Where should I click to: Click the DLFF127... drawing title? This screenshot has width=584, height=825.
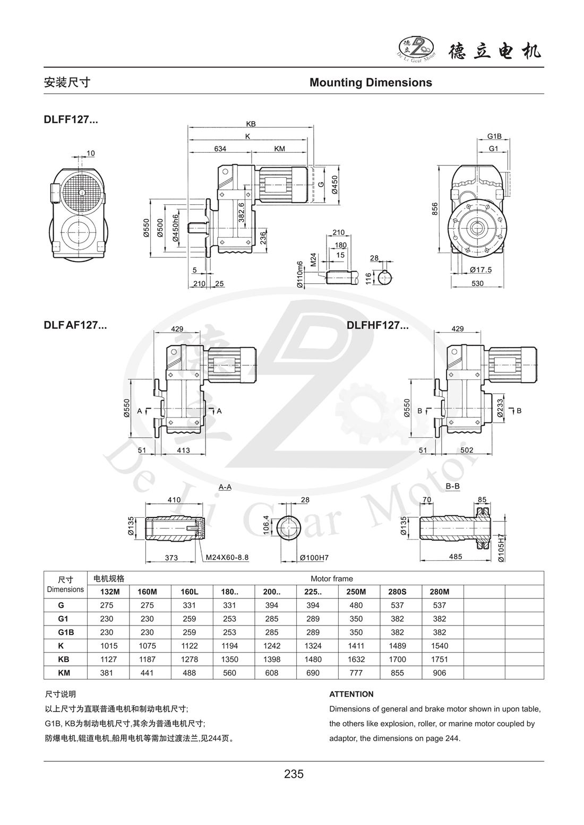tap(71, 120)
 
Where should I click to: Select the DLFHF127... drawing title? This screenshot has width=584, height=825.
tap(377, 326)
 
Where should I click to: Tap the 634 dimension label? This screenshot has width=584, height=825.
tap(220, 149)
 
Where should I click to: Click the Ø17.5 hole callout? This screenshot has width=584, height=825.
tap(481, 270)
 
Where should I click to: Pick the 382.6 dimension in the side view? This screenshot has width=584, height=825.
tap(241, 212)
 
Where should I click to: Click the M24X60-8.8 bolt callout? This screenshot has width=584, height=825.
tap(227, 558)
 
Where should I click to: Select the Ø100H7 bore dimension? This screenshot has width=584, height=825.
tap(314, 558)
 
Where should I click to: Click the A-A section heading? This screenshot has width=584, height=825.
tap(225, 487)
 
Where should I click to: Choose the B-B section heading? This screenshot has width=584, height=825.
tap(453, 487)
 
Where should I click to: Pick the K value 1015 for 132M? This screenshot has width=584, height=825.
tap(108, 646)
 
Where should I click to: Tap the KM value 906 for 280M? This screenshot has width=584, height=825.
tap(440, 673)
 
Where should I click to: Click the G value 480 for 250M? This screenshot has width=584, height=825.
tap(356, 605)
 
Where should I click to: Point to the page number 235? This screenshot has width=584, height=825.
tap(294, 774)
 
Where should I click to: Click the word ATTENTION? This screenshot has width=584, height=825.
tap(351, 694)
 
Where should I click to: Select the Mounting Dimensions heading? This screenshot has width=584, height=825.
tap(371, 82)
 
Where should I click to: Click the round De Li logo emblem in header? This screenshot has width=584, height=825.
tap(416, 49)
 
